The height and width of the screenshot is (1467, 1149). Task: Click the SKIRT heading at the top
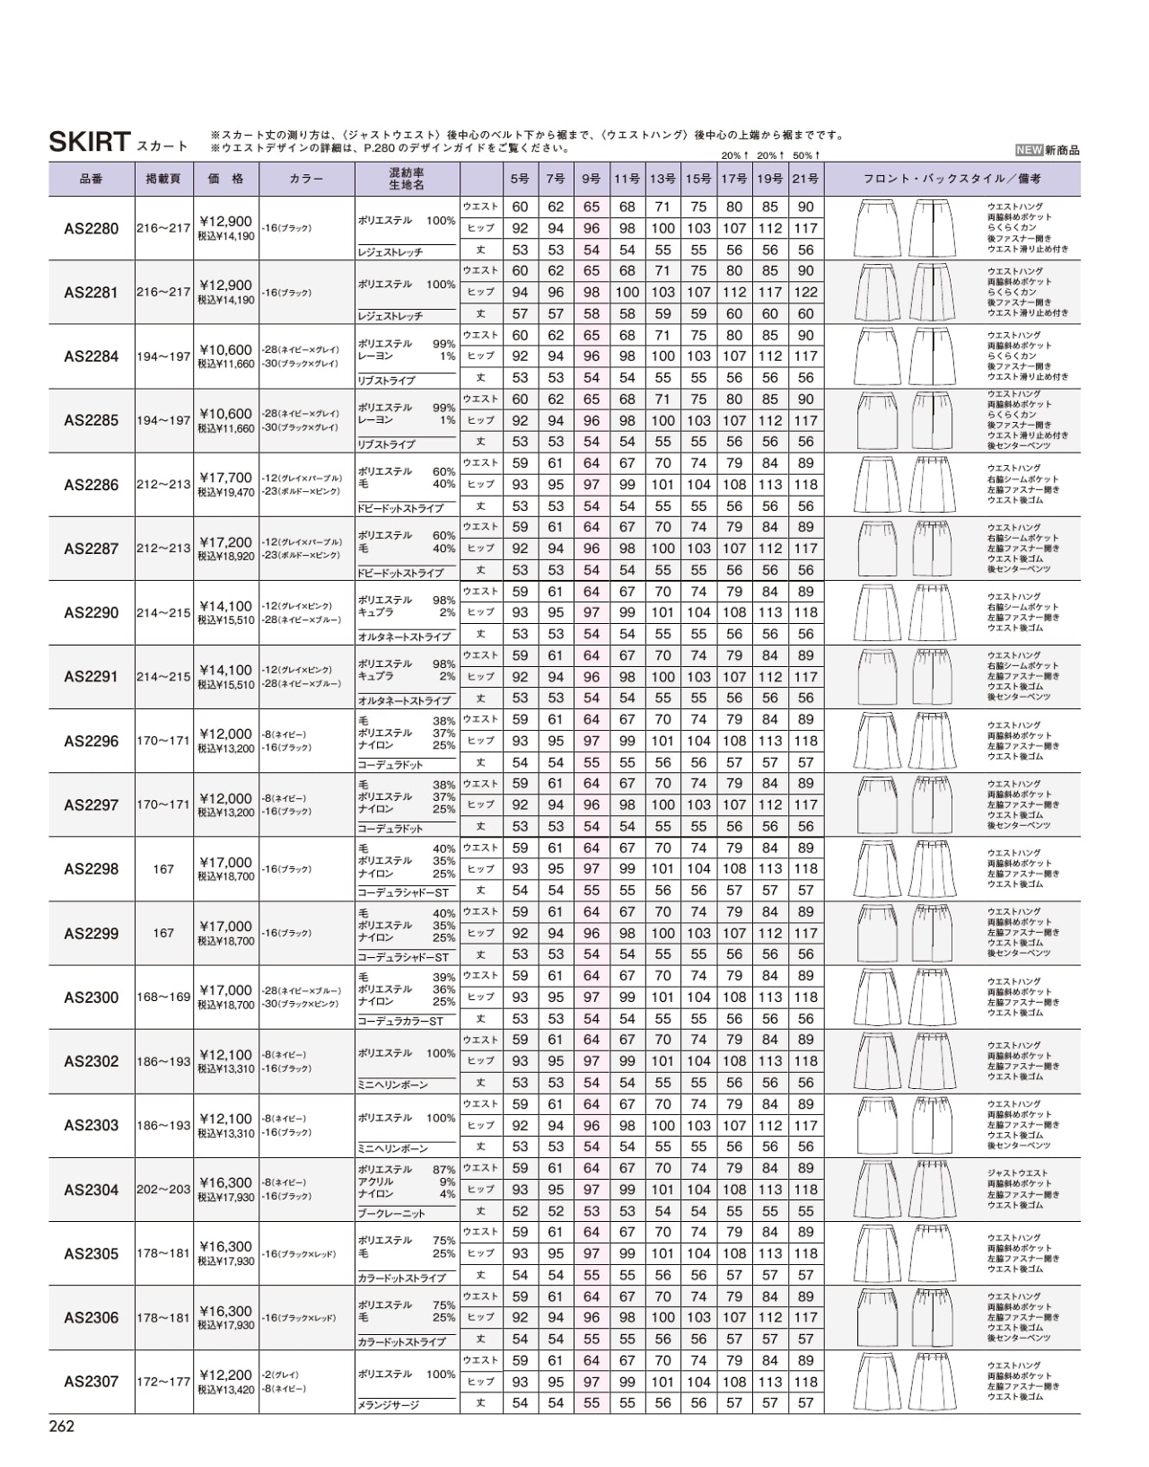[89, 141]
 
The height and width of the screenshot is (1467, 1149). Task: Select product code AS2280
[91, 228]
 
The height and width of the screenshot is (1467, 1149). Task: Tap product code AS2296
[91, 741]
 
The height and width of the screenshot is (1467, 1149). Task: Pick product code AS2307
[91, 1381]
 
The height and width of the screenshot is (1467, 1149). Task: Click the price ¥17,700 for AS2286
[225, 478]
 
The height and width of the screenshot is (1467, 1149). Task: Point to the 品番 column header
[91, 179]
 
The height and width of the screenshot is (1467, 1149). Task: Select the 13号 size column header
[662, 179]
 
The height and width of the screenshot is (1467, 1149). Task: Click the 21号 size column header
[805, 179]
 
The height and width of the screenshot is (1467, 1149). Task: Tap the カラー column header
[306, 179]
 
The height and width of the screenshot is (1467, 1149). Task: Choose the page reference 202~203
[163, 1190]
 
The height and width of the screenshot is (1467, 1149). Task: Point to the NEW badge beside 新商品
[1029, 151]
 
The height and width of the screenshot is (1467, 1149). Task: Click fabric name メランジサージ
[389, 1405]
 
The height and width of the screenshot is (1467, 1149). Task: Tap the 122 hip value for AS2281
[805, 292]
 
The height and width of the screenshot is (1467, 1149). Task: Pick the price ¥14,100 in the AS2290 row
[225, 606]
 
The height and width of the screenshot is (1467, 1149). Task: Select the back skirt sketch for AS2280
[933, 228]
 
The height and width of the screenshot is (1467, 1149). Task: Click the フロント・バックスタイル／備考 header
[952, 179]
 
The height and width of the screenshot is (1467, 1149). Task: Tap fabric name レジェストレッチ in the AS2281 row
[390, 316]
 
